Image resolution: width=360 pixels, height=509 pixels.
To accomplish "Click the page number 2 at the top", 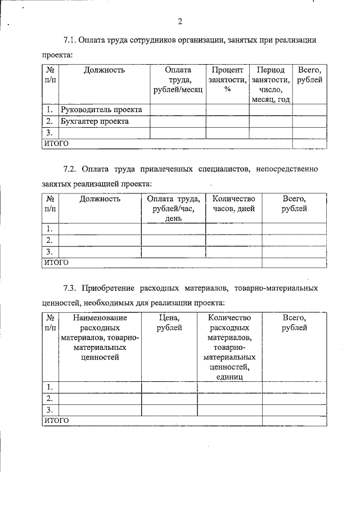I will (180, 22).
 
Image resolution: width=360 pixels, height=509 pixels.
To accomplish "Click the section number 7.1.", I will (70, 40).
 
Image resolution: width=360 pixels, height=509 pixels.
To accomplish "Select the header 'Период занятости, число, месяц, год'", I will (271, 85).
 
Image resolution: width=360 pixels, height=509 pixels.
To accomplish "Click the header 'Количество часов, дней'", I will (233, 204).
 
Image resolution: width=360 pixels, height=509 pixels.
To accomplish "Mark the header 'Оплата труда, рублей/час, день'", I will (173, 208).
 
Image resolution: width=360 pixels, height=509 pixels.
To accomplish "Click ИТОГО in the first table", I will (56, 143).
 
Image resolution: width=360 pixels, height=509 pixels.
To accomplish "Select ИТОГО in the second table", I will (56, 262).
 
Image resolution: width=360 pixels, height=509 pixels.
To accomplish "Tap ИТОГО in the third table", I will (56, 420).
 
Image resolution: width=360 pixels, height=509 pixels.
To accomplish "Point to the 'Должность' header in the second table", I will (100, 199).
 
